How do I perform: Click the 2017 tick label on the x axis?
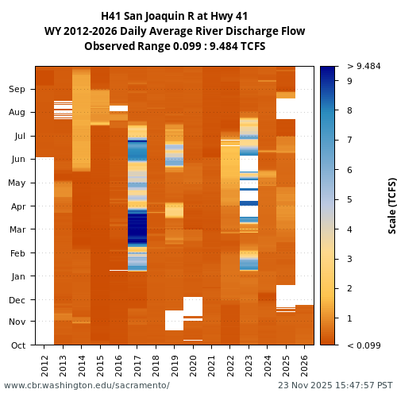pyautogui.click(x=137, y=364)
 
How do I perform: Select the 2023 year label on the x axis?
pyautogui.click(x=249, y=364)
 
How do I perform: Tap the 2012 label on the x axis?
pyautogui.click(x=44, y=364)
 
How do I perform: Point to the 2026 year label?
pyautogui.click(x=304, y=364)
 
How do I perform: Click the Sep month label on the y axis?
pyautogui.click(x=17, y=89)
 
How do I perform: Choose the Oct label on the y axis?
pyautogui.click(x=17, y=345)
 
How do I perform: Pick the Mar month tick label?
pyautogui.click(x=17, y=229)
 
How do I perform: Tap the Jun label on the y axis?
pyautogui.click(x=17, y=159)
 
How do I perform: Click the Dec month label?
pyautogui.click(x=17, y=299)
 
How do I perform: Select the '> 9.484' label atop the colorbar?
pyautogui.click(x=364, y=66)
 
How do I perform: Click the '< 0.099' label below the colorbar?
pyautogui.click(x=364, y=345)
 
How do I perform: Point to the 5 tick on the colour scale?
pyautogui.click(x=349, y=199)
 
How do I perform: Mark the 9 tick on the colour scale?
pyautogui.click(x=349, y=80)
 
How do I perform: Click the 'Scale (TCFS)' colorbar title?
pyautogui.click(x=391, y=205)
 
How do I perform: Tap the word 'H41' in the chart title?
pyautogui.click(x=113, y=16)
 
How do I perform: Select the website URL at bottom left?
pyautogui.click(x=87, y=385)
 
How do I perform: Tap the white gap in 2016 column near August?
pyautogui.click(x=118, y=108)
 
